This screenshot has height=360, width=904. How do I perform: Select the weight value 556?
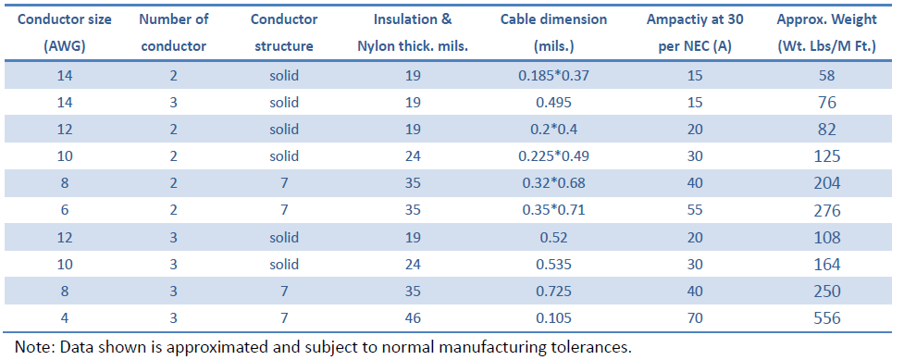tap(826, 318)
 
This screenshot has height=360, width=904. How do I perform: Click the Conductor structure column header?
tap(285, 31)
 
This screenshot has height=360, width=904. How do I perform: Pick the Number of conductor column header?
tap(173, 31)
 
